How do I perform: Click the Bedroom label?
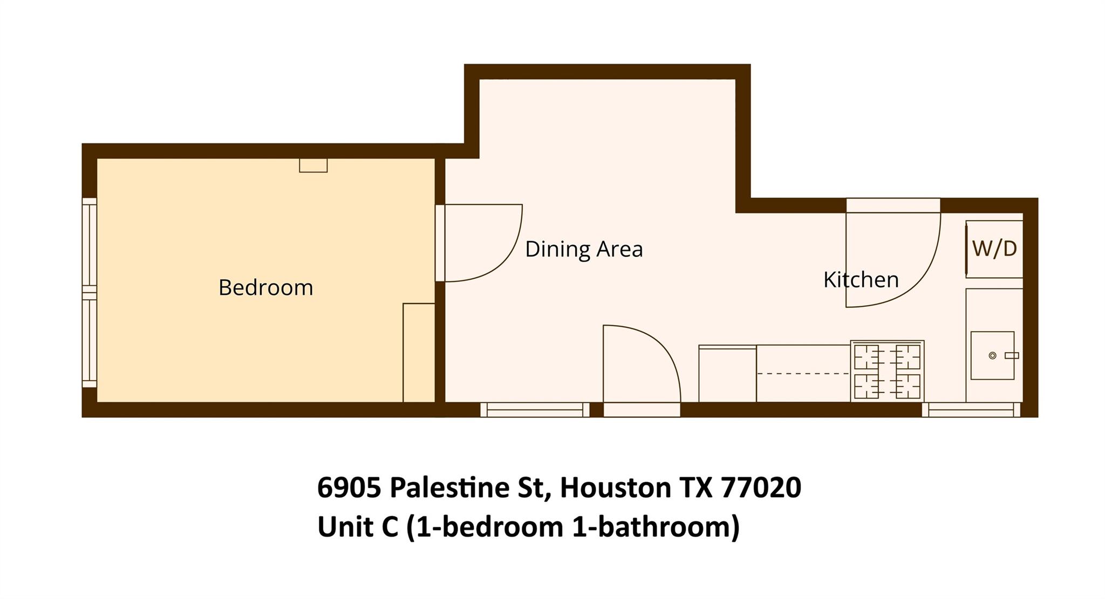coord(265,287)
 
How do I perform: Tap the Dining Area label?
coord(584,249)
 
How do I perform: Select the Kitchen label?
coord(861,279)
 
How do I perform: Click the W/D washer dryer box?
coord(994,249)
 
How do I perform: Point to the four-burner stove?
coord(888,371)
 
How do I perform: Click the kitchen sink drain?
coord(992,355)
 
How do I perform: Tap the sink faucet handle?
coord(1012,355)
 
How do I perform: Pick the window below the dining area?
coord(535,410)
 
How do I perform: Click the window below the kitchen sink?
coord(971,410)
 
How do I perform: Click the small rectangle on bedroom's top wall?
coord(313,166)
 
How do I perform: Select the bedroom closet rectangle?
coord(419,353)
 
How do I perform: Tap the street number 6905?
coord(350,487)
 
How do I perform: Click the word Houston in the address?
coord(615,487)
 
